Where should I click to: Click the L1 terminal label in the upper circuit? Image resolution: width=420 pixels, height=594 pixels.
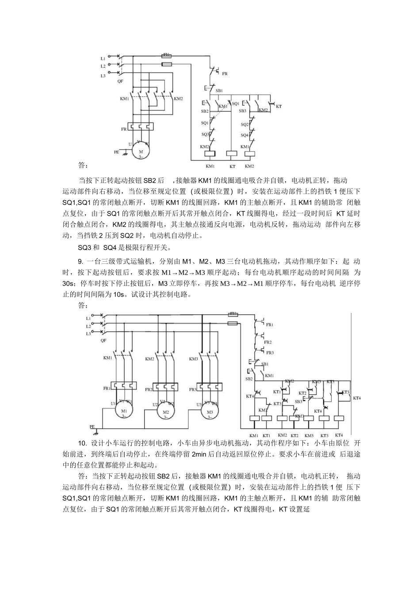[x=103, y=58]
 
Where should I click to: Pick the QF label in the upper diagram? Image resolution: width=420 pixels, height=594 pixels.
[x=120, y=81]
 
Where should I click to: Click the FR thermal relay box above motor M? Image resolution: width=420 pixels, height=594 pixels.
[x=140, y=127]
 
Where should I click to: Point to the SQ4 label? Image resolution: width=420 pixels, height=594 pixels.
[x=244, y=136]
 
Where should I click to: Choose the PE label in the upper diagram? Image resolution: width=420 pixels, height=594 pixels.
[x=116, y=152]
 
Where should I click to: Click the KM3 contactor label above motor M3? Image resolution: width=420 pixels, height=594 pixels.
[x=193, y=359]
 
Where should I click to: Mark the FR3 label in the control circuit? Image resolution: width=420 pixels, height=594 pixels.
[x=269, y=353]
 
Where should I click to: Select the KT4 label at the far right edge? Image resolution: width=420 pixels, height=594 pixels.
[x=356, y=398]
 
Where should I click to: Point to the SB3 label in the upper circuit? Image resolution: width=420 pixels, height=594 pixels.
[x=242, y=111]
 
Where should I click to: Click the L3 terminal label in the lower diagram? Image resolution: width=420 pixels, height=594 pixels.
[x=88, y=334]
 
